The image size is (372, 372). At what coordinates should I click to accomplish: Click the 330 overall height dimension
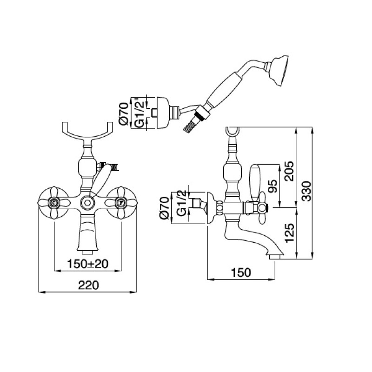[x=307, y=191]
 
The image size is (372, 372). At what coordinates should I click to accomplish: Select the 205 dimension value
[x=289, y=171]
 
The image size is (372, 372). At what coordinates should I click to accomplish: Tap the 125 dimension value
[x=289, y=232]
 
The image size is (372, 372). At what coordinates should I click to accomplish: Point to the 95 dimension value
[x=272, y=186]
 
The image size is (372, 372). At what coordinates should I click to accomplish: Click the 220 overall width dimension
[x=88, y=285]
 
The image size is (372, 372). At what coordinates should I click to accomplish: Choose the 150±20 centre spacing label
[x=88, y=264]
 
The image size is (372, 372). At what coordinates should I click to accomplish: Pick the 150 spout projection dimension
[x=241, y=272]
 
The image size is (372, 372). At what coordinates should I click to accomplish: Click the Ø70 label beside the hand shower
[x=124, y=113]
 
